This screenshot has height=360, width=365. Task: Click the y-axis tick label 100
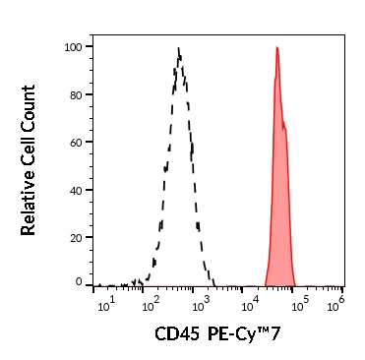pos(72,46)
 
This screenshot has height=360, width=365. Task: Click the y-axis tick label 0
pos(78,282)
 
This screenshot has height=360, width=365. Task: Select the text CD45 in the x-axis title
pos(174,334)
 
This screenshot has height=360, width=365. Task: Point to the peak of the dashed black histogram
pos(178,47)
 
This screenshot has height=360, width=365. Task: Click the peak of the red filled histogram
pos(277,47)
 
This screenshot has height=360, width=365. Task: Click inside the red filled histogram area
pos(280,197)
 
